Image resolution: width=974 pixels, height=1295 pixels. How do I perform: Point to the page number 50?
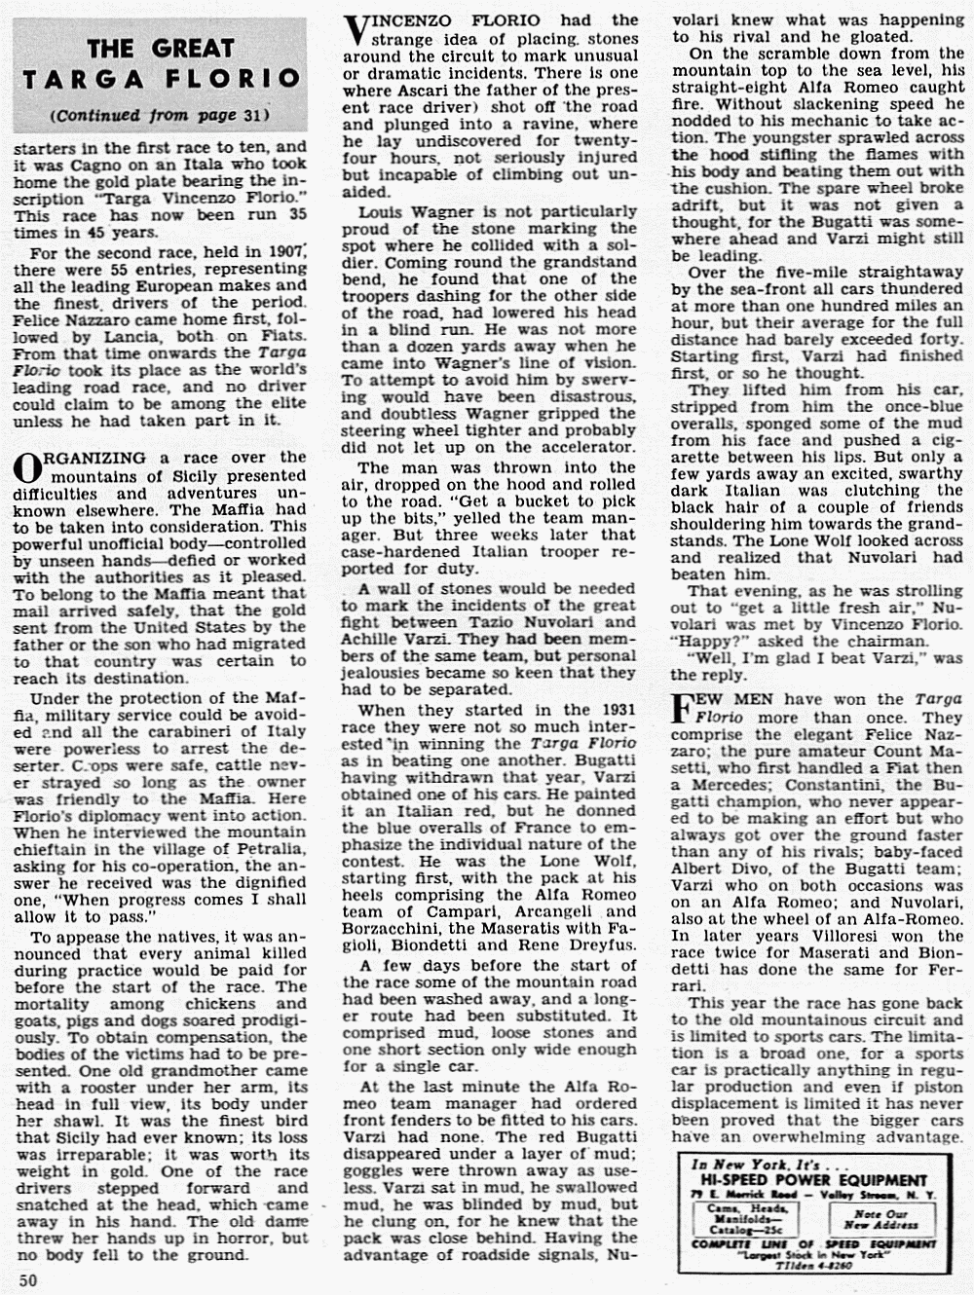[27, 1280]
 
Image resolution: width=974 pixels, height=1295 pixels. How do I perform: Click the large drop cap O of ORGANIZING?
[30, 468]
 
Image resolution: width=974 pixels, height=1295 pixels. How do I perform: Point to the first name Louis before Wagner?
[383, 211]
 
